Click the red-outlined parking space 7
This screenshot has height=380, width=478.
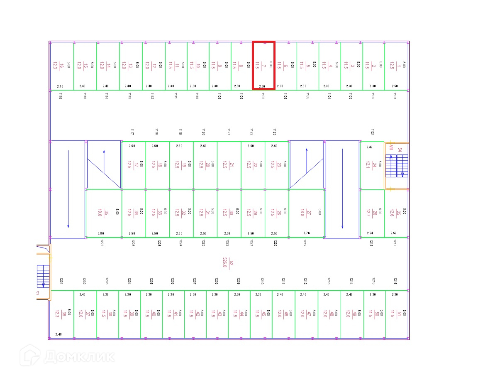[x=264, y=65]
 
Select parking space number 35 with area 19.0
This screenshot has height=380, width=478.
[x=103, y=213]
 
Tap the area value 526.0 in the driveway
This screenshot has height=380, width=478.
[x=224, y=262]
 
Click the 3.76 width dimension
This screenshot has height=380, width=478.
[x=307, y=233]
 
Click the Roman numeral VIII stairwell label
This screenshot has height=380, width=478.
[x=391, y=147]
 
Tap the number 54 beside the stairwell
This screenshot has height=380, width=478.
[x=400, y=150]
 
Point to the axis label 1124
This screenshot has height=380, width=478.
[x=372, y=132]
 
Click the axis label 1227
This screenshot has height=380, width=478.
[x=101, y=243]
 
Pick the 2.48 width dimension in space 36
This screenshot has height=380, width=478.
[x=58, y=334]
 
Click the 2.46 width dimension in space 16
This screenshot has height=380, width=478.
[x=60, y=86]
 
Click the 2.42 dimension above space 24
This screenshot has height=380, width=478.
[x=369, y=147]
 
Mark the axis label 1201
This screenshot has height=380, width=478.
[x=61, y=281]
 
